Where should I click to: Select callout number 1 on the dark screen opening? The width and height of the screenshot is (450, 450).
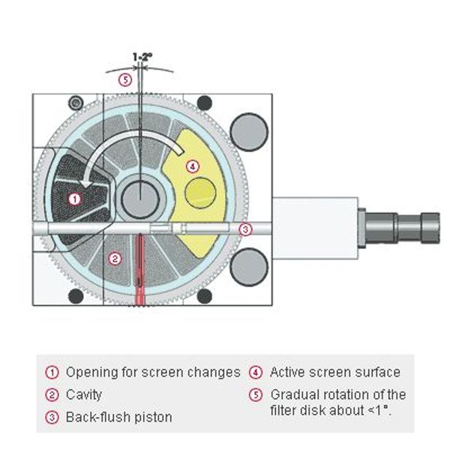click(73, 199)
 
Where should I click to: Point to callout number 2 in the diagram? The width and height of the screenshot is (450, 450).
click(115, 259)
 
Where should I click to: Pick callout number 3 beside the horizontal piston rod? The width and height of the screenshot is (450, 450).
click(244, 229)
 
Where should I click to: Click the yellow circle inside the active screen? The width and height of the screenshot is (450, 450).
click(200, 193)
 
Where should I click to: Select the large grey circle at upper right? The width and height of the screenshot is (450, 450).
click(249, 132)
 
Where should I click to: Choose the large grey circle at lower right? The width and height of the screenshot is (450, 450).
click(249, 267)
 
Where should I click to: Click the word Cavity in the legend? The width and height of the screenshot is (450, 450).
click(84, 394)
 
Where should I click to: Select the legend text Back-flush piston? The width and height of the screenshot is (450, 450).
click(119, 417)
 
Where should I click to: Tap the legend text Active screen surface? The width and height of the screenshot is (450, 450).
click(335, 372)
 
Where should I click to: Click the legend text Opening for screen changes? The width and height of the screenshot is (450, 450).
click(153, 372)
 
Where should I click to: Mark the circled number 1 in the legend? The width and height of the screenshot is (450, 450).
click(52, 372)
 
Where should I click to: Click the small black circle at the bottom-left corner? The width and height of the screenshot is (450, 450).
click(76, 296)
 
